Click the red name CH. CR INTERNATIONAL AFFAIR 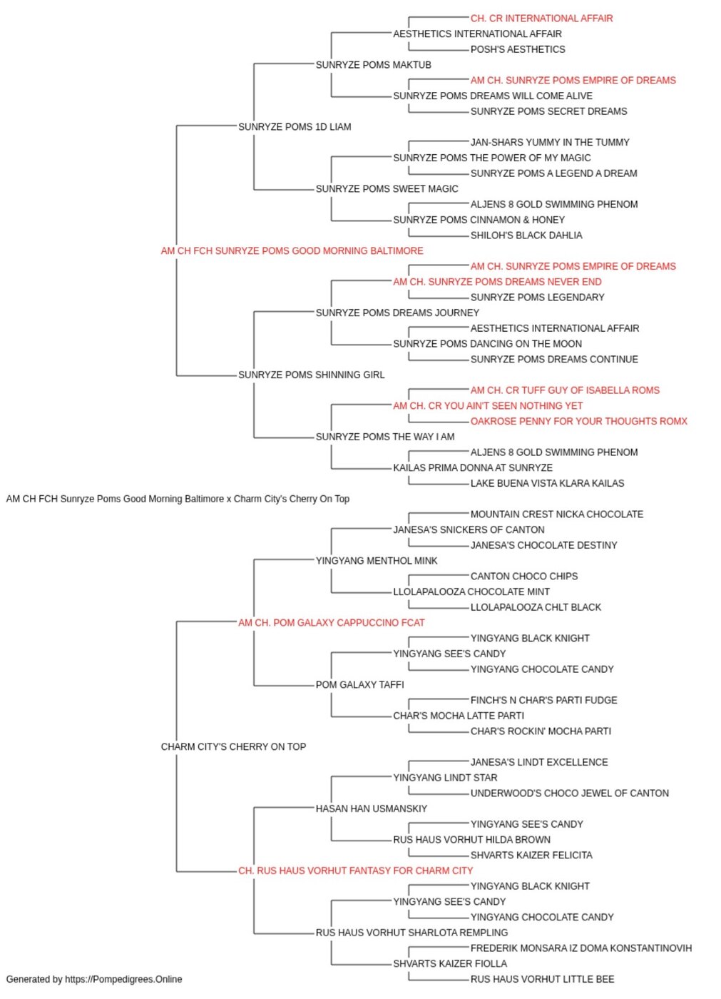coord(541,19)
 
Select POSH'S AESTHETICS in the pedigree coord(517,49)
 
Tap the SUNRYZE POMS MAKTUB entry coord(373,65)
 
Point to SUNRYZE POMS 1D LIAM coord(294,127)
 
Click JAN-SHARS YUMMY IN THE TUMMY coord(549,143)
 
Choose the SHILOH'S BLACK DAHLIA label coord(526,235)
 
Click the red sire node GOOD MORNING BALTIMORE coord(292,251)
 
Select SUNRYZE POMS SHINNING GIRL coord(311,375)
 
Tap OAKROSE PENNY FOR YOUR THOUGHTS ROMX coord(578,422)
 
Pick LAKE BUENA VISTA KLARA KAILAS coord(547,484)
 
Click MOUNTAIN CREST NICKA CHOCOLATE coord(556,514)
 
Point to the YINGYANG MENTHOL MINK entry coord(377,561)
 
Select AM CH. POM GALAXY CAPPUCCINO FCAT coord(331,623)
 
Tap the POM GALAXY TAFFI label coord(359,685)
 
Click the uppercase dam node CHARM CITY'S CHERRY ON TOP coord(233,747)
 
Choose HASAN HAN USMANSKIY coord(371,809)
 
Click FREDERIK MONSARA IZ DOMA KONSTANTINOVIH coord(581,948)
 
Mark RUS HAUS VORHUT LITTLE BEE coord(542,980)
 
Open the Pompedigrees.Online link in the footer coord(123,980)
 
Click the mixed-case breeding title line coord(178,499)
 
